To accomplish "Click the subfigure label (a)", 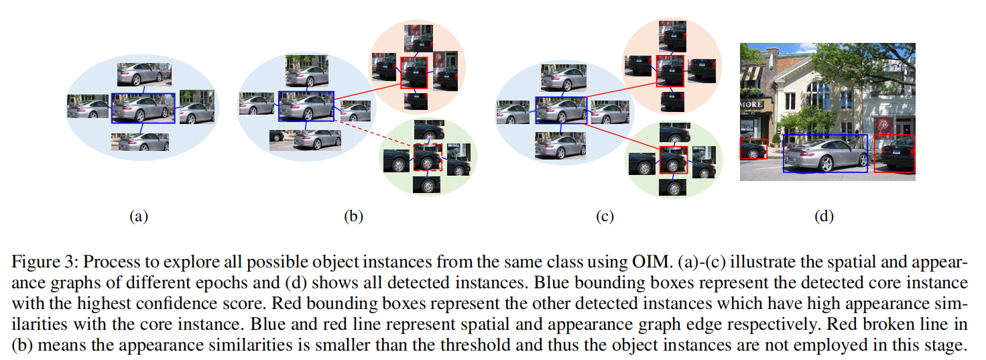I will coord(138,216).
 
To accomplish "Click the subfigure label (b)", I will coord(353,216).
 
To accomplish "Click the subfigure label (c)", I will coord(605,216).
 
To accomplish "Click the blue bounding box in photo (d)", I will coord(825,153).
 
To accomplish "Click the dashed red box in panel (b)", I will coord(428,157).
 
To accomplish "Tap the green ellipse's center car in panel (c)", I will coord(674,160).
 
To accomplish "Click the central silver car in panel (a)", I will coord(143,108).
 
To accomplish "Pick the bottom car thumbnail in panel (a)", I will coord(140,141).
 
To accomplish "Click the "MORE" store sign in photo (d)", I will coord(751,105).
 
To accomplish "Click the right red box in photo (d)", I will coord(894,153).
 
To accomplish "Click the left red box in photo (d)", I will coord(753,149).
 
